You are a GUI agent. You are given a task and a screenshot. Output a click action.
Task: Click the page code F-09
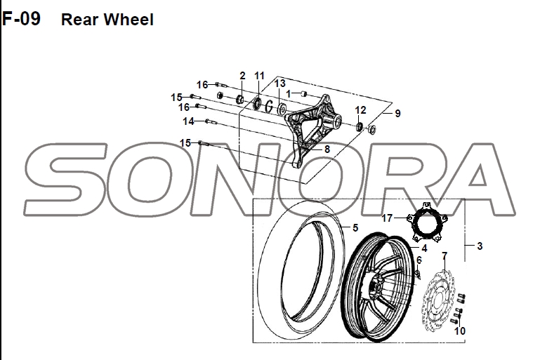pyautogui.click(x=21, y=19)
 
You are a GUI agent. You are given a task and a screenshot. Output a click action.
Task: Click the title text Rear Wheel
pyautogui.click(x=107, y=20)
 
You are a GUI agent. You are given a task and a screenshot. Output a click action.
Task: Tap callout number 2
pyautogui.click(x=242, y=76)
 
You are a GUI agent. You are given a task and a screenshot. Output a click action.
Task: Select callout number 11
pyautogui.click(x=259, y=76)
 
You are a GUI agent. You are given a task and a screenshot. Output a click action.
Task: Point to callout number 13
pyautogui.click(x=279, y=84)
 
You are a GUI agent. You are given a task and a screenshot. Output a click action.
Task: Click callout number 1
pyautogui.click(x=288, y=93)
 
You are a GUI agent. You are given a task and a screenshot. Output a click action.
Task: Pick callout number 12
pyautogui.click(x=360, y=110)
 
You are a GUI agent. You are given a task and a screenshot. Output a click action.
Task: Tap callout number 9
pyautogui.click(x=397, y=113)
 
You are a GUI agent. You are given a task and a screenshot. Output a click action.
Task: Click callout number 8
pyautogui.click(x=327, y=149)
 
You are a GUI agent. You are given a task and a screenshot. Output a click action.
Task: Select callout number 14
pyautogui.click(x=188, y=121)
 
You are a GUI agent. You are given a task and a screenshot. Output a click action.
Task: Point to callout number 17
pyautogui.click(x=387, y=218)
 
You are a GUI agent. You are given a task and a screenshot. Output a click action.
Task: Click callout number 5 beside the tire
pyautogui.click(x=355, y=228)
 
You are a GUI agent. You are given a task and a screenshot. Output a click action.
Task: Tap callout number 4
pyautogui.click(x=424, y=248)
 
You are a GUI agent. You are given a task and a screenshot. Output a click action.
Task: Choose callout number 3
pyautogui.click(x=479, y=246)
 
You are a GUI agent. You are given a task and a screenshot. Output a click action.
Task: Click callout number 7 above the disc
pyautogui.click(x=444, y=255)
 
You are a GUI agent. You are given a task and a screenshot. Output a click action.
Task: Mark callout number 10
pyautogui.click(x=460, y=331)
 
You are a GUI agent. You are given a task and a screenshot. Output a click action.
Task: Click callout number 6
pyautogui.click(x=419, y=260)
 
